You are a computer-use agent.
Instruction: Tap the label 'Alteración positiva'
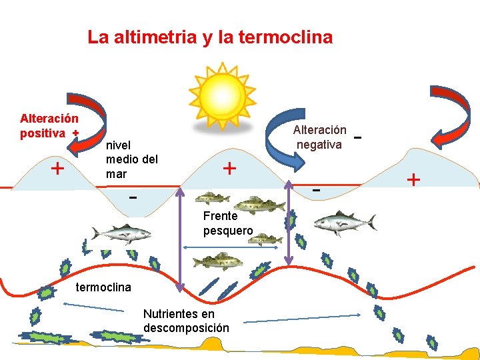[x=48, y=126]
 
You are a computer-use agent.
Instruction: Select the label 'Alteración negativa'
[x=319, y=137]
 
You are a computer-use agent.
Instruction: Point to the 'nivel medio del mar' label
[x=131, y=159]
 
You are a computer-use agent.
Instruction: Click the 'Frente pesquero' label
[x=227, y=223]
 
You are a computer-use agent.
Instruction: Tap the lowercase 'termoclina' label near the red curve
[x=103, y=287]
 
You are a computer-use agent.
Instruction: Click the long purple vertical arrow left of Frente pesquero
[x=181, y=241]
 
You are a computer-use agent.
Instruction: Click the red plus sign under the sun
[x=229, y=167]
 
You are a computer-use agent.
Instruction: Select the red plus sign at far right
[x=413, y=179]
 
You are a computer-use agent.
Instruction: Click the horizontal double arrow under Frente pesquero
[x=229, y=247]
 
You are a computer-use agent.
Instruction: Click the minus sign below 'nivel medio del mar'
[x=133, y=198]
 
